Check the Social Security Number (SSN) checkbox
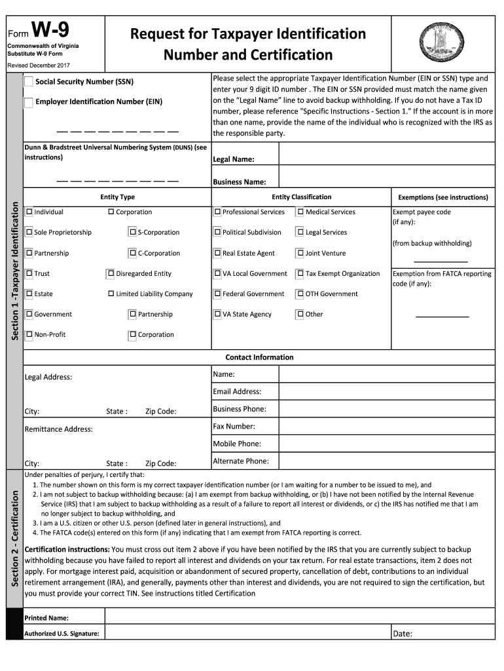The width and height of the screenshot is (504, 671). pyautogui.click(x=29, y=82)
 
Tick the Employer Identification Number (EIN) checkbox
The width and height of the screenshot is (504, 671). pyautogui.click(x=29, y=102)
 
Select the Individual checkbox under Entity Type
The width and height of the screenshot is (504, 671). pyautogui.click(x=29, y=212)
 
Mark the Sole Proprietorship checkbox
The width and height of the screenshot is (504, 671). pyautogui.click(x=29, y=232)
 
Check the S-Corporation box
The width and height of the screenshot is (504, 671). pyautogui.click(x=133, y=232)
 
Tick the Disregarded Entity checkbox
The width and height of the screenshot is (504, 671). pyautogui.click(x=111, y=273)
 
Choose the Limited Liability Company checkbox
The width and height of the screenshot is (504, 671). pyautogui.click(x=111, y=294)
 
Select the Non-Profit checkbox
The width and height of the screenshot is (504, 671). pyautogui.click(x=29, y=335)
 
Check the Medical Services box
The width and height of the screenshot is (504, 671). pyautogui.click(x=300, y=212)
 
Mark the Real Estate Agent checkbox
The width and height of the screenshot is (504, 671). pyautogui.click(x=217, y=253)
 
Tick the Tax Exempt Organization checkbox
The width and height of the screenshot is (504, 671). pyautogui.click(x=300, y=273)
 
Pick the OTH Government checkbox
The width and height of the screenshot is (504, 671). pyautogui.click(x=300, y=294)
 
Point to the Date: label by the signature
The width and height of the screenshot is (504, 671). pyautogui.click(x=403, y=633)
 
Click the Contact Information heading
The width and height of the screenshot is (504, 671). pyautogui.click(x=259, y=357)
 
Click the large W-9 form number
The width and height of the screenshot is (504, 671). pyautogui.click(x=48, y=30)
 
